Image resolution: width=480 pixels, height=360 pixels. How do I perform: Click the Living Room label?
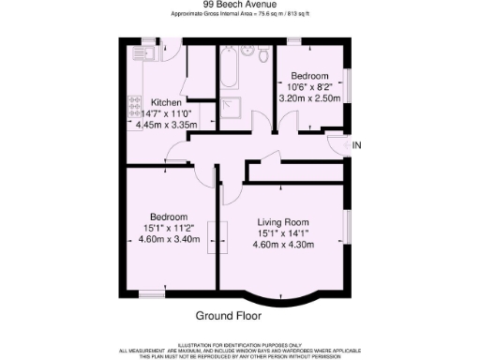292,222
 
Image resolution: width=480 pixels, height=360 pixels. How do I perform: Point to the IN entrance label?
356,145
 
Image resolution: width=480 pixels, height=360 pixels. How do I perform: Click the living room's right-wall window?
348,230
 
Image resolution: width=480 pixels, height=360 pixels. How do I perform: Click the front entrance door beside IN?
336,143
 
